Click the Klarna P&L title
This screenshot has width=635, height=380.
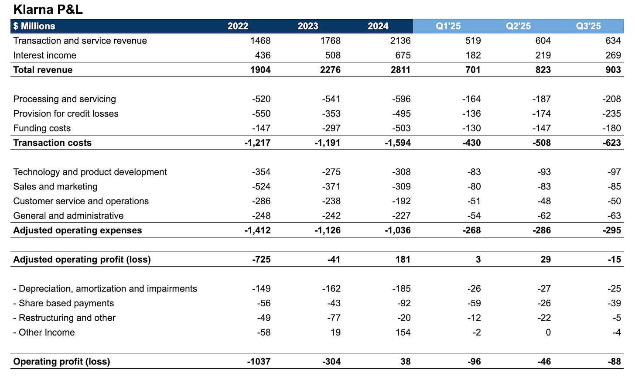coord(48,9)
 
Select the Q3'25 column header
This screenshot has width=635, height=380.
coord(588,26)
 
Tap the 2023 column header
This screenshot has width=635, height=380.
coord(308,26)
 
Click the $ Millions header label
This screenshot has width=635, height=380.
coord(34,26)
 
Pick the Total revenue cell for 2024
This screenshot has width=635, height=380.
coord(400,70)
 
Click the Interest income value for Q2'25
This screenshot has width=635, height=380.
coord(543,55)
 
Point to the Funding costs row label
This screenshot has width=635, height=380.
coord(42,128)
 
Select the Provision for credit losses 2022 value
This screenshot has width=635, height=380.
coord(261,114)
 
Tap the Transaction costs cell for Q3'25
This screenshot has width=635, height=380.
coord(611,143)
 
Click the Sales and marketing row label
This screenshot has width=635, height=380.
coord(55,187)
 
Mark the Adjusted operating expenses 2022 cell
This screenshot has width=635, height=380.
coord(257,230)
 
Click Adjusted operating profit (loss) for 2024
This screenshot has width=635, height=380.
coord(403,260)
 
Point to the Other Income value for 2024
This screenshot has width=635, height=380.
coord(403,332)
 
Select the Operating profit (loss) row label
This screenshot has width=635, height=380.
coord(61,362)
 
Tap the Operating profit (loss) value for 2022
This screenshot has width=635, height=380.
coord(259,362)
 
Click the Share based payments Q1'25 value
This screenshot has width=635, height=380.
coord(474,303)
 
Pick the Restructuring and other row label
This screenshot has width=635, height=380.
coord(65,318)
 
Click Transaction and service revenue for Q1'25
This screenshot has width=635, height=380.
coord(473,41)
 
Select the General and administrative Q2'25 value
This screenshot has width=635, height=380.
coord(544,216)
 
